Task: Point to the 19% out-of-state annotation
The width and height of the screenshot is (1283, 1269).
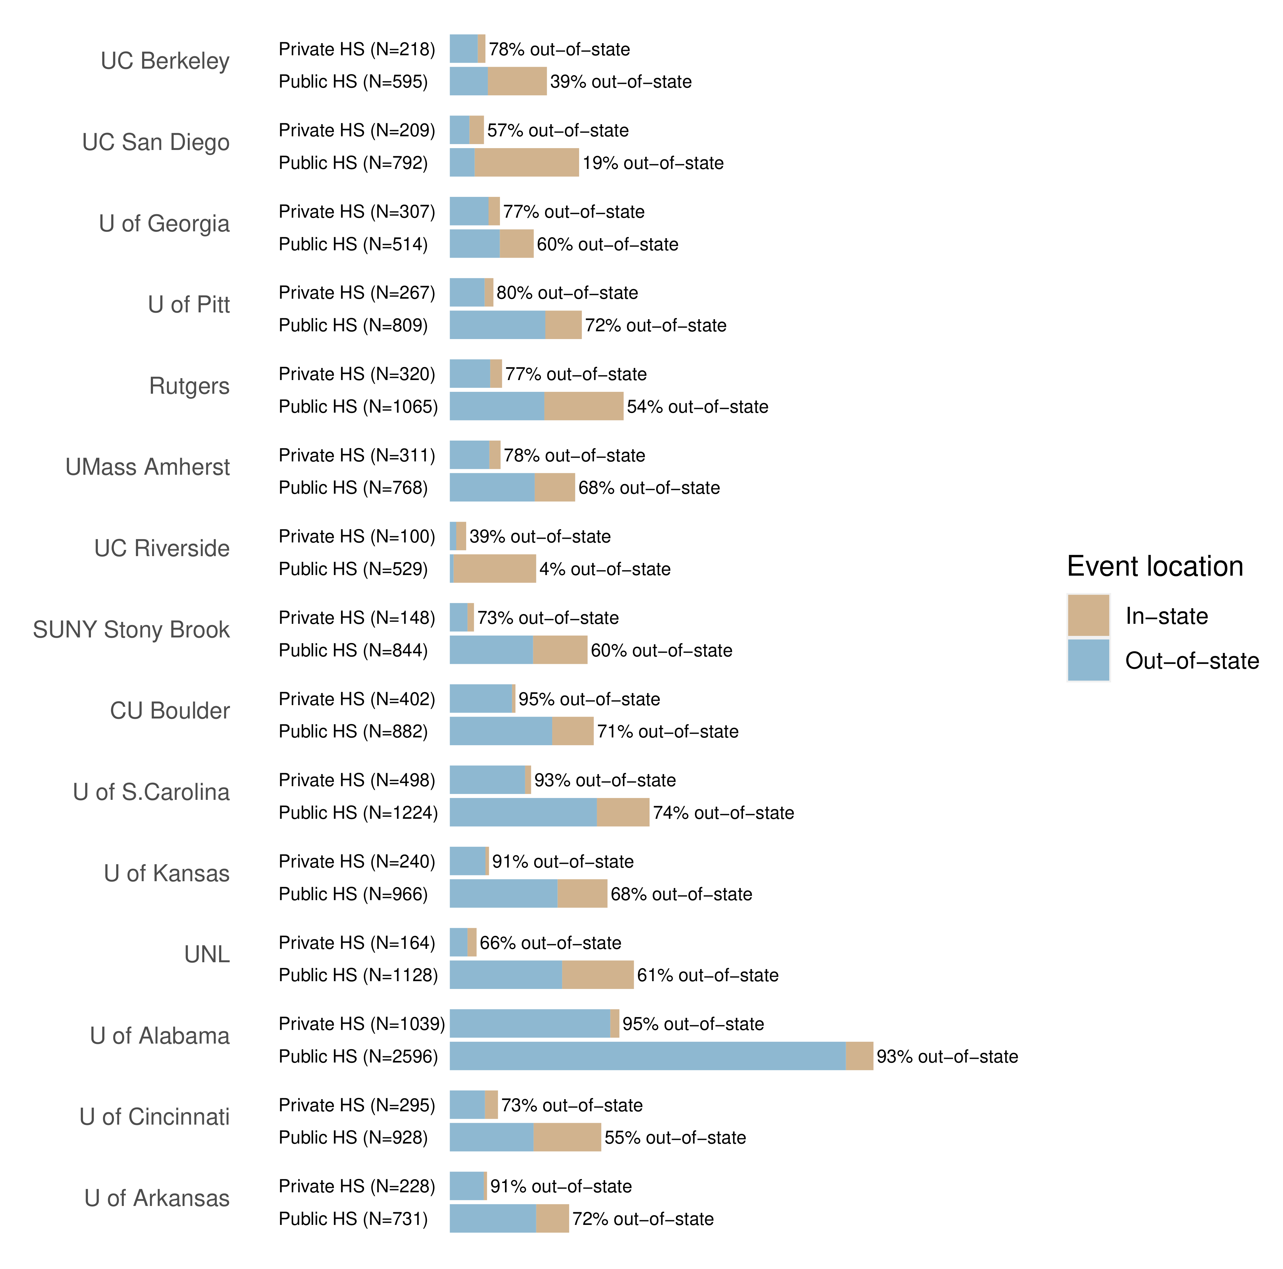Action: (x=653, y=163)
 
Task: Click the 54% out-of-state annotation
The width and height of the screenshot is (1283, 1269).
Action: (x=697, y=407)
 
